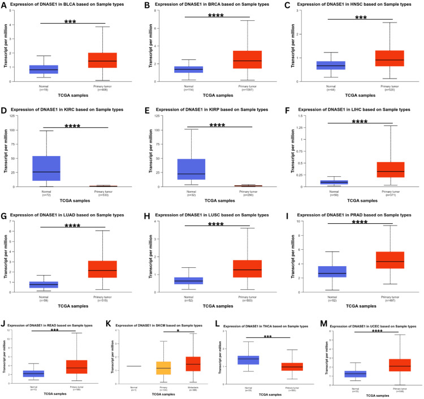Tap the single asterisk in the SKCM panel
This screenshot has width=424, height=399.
click(178, 332)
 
